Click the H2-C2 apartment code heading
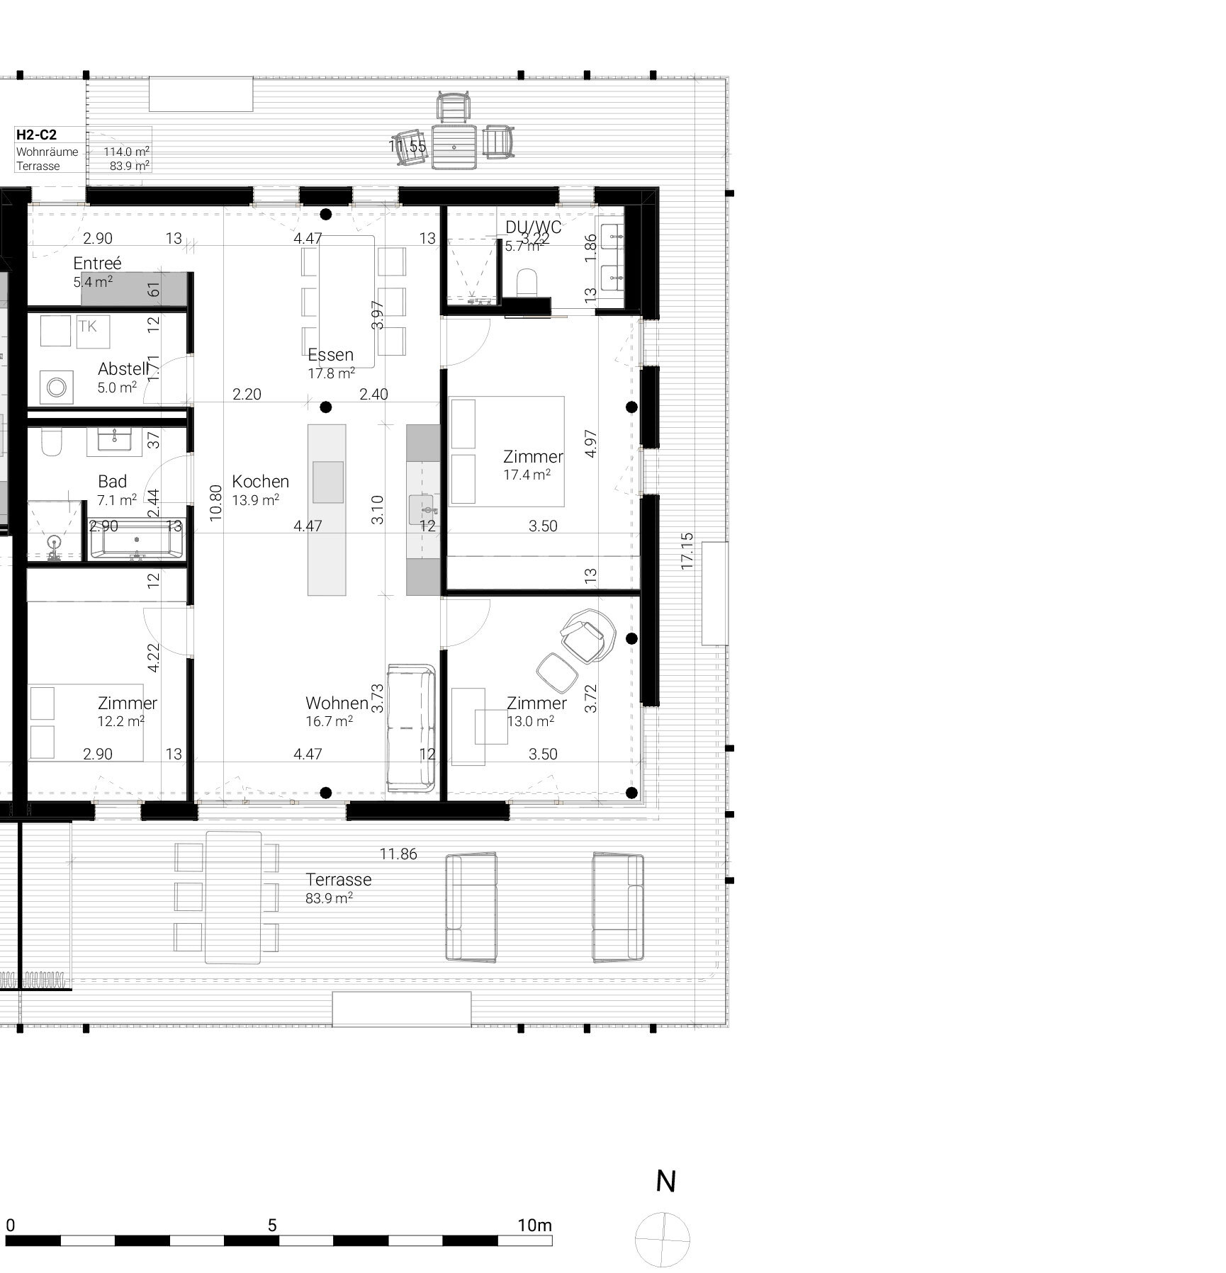pos(36,135)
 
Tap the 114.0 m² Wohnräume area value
pos(126,152)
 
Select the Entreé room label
pos(97,263)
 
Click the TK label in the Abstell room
pos(88,327)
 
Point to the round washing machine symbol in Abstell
pos(56,387)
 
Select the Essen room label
pos(330,355)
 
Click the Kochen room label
pos(260,482)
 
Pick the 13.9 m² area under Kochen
pos(255,500)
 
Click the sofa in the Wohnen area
pos(411,728)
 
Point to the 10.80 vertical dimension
pos(217,502)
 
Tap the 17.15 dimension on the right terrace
pos(686,551)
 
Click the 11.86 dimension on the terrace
pos(398,854)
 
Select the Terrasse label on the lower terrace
pos(338,880)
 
